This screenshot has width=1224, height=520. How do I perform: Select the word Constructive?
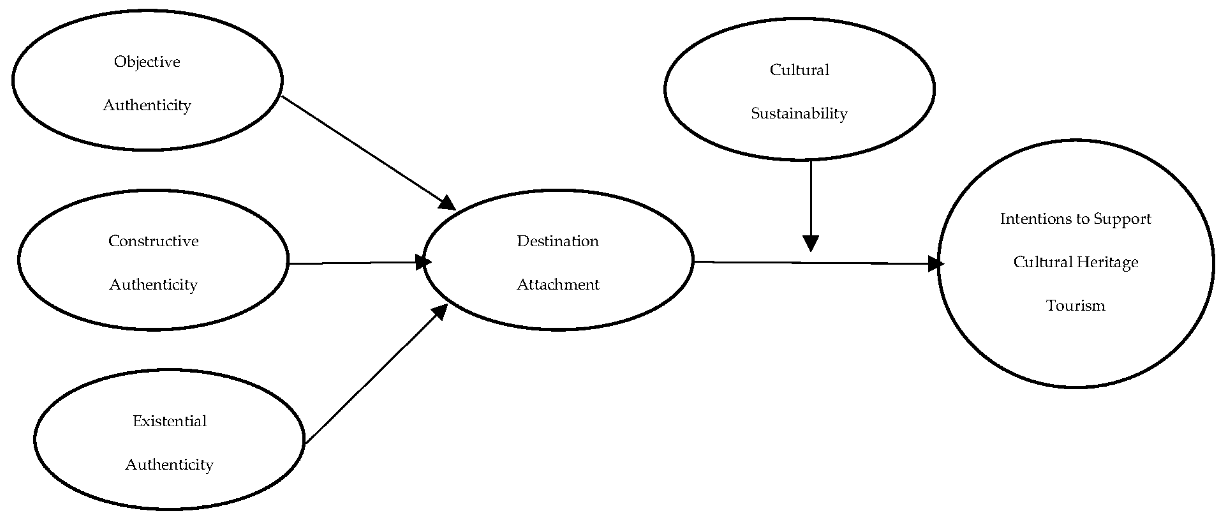[153, 241]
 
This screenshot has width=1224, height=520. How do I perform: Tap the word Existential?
[170, 421]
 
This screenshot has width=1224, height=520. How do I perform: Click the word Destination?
[558, 241]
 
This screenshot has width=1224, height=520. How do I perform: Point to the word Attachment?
[558, 285]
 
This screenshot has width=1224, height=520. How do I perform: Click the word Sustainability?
[799, 114]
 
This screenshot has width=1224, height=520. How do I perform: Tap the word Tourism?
[1075, 305]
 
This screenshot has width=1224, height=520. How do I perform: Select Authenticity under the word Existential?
[170, 464]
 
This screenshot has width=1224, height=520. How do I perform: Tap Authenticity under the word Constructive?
[153, 285]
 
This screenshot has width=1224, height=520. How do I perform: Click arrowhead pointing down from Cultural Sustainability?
[811, 243]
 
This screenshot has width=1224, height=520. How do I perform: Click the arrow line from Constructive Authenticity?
[352, 263]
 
